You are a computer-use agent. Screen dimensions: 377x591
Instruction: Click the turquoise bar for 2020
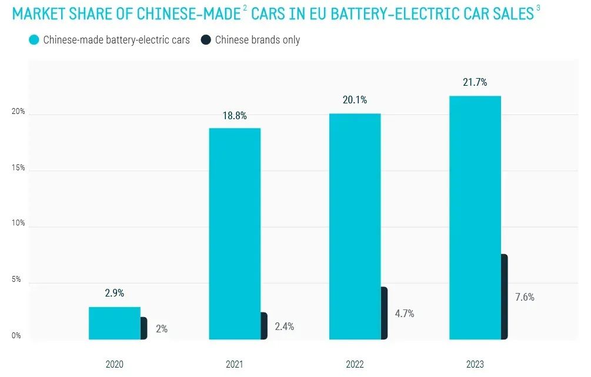click(114, 323)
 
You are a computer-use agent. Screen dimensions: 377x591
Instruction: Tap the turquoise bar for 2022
click(355, 227)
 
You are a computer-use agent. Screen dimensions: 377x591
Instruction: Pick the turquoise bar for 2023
click(475, 217)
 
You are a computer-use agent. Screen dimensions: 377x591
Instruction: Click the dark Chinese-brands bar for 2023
click(504, 297)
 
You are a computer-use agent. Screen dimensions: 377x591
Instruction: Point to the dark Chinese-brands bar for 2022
click(384, 313)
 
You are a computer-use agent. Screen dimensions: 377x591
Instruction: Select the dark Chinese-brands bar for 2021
click(263, 326)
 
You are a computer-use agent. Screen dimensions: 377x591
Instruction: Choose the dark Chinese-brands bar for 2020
click(143, 328)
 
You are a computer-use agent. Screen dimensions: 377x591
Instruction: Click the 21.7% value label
click(475, 82)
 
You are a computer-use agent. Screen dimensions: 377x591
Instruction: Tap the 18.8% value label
click(235, 116)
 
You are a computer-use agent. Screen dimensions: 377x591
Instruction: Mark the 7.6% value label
click(525, 297)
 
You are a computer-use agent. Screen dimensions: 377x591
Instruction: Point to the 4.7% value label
click(404, 314)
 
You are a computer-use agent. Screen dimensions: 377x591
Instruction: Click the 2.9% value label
click(114, 294)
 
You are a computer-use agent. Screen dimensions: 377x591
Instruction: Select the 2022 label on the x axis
click(355, 365)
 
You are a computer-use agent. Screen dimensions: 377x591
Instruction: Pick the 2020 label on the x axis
click(114, 365)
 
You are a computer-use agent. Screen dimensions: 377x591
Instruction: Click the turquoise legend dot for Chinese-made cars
click(34, 40)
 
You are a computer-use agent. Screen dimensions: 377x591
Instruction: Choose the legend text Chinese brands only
click(258, 40)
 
